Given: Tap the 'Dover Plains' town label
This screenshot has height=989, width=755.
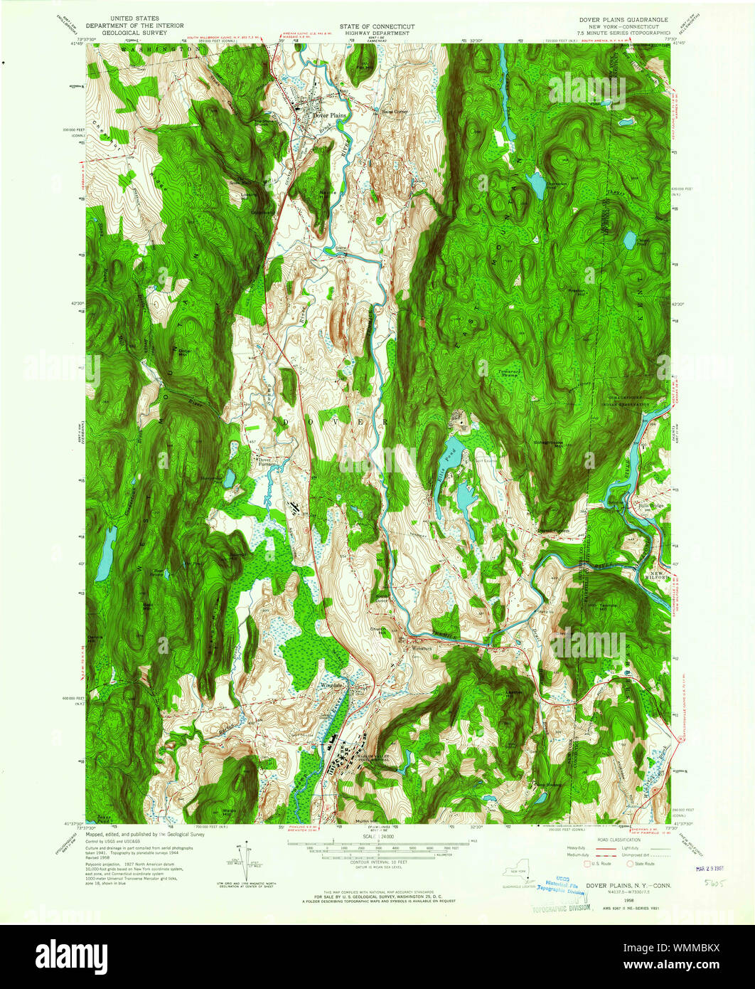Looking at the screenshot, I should coord(329,115).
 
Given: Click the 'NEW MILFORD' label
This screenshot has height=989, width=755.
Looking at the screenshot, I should coord(658,576).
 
